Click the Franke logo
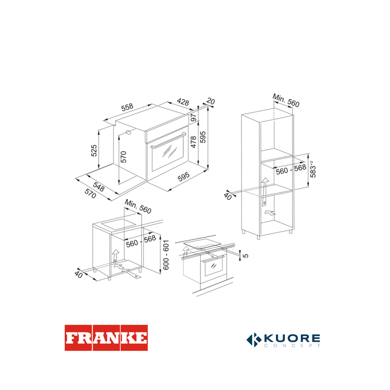point(106,338)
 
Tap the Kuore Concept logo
point(283,340)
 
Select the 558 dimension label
point(127,107)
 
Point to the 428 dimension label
point(183,101)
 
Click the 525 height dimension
point(94,151)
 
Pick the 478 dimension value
point(193,142)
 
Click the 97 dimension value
point(193,117)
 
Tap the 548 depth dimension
point(99,187)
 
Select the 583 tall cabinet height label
point(313,169)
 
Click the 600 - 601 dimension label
point(166,254)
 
